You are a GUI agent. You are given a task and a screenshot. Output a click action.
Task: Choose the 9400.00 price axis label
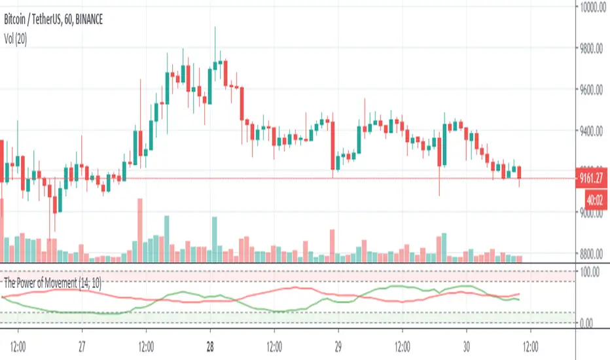[x=593, y=131]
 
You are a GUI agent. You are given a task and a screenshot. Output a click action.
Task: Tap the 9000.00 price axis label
[x=593, y=213]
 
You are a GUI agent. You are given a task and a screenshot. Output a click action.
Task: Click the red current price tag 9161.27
[x=593, y=175]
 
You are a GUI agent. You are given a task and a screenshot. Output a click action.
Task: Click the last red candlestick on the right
[x=520, y=173]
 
